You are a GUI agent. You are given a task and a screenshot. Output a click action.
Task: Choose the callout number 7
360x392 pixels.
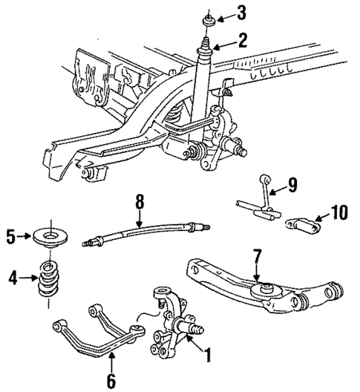click(x=257, y=257)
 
